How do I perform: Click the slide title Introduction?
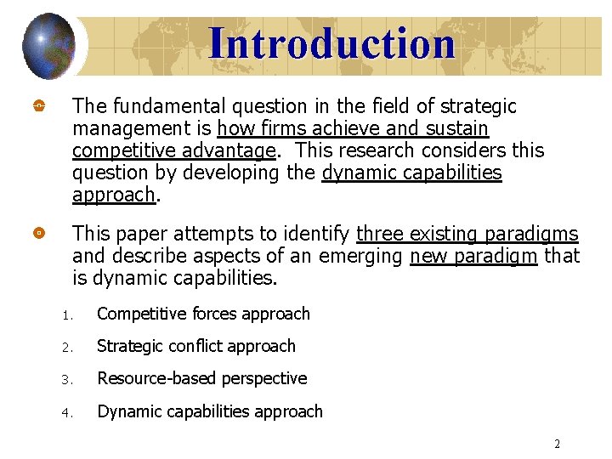(331, 42)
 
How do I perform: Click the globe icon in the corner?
(49, 43)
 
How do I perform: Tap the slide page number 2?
(557, 444)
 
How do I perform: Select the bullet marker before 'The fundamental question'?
(39, 107)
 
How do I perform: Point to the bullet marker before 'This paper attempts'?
(39, 233)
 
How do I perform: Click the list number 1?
(65, 315)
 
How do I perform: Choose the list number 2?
(65, 348)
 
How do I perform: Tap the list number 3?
(65, 380)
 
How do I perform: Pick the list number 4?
(65, 413)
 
